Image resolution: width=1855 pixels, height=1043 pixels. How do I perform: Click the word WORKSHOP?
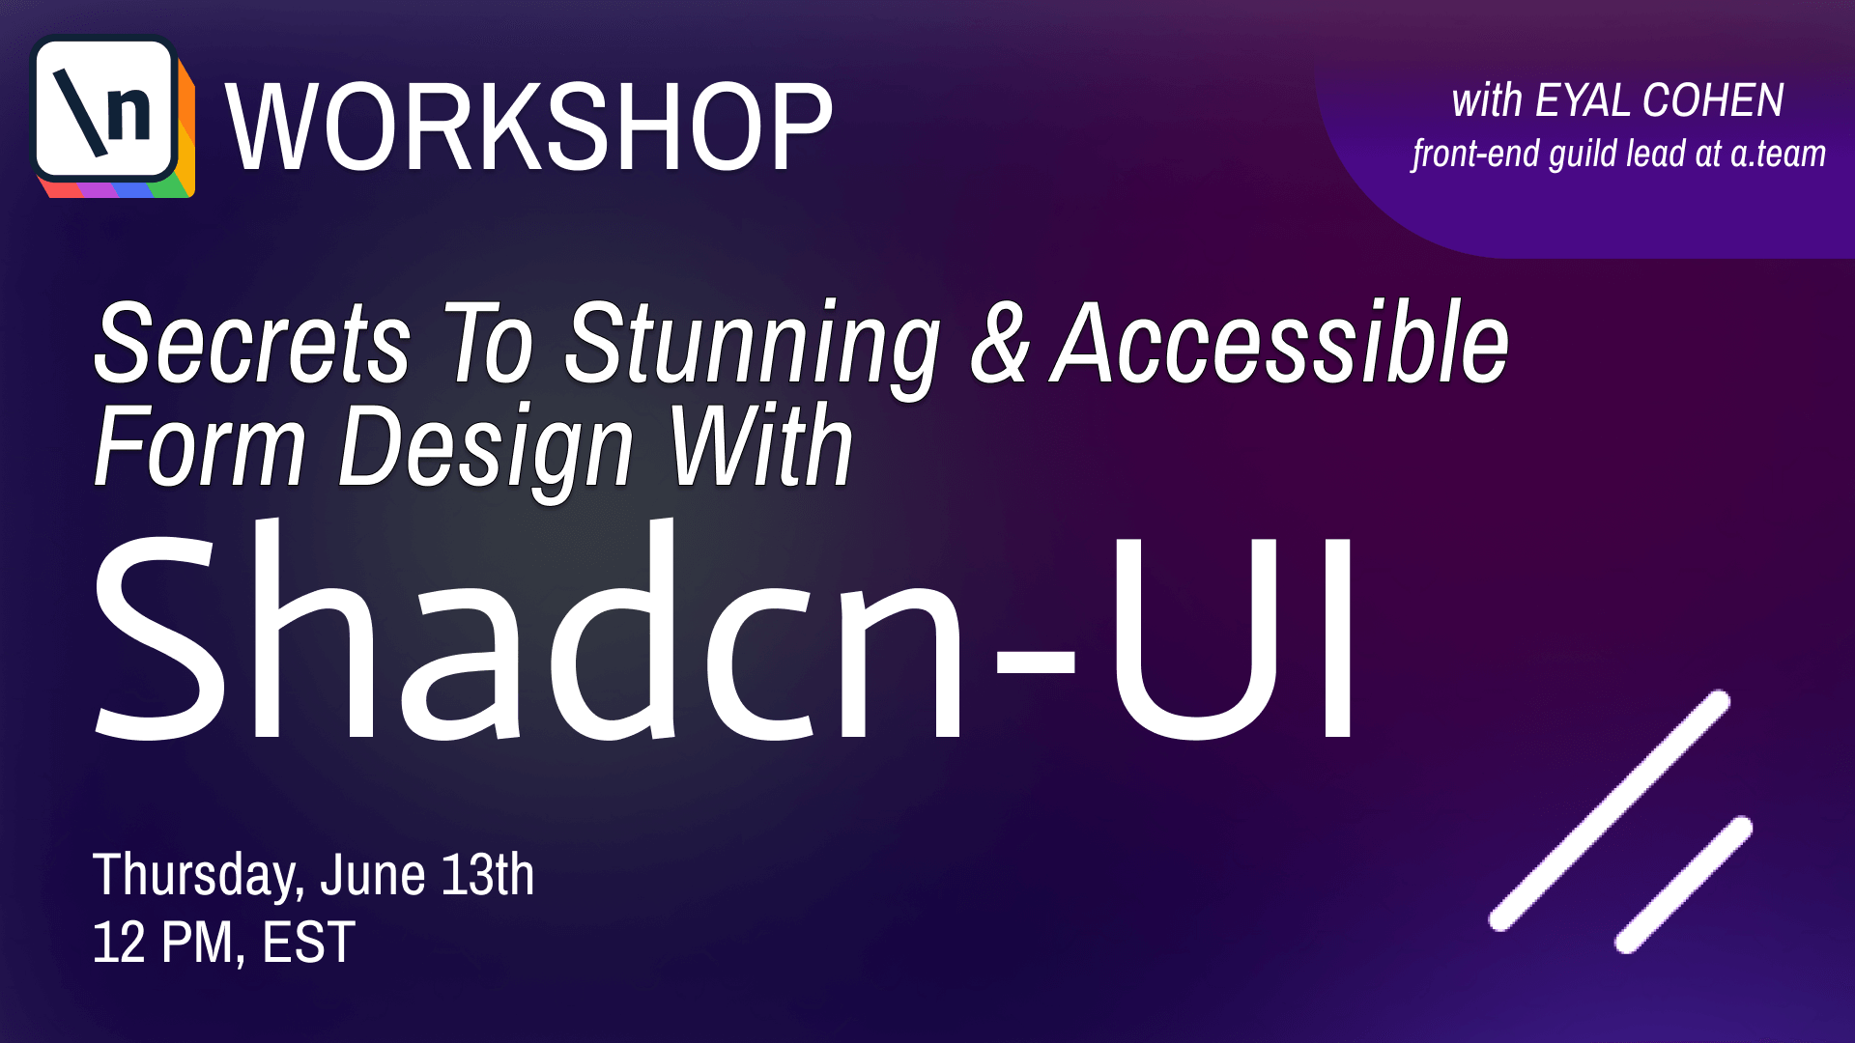point(528,127)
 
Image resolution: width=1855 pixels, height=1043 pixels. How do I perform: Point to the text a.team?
point(1778,154)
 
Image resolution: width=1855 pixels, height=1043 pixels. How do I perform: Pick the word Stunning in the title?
point(753,349)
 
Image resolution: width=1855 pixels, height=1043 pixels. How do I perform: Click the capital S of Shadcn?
point(158,635)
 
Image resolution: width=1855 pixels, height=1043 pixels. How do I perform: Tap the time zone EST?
point(309,942)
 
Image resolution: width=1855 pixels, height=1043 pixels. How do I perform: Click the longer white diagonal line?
point(1610,810)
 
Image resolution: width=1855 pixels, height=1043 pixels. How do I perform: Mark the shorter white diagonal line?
point(1684,885)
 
